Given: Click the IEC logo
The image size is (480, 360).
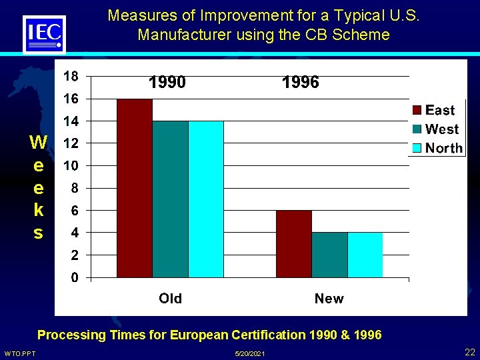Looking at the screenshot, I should click(44, 34).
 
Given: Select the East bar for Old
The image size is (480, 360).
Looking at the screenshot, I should click(135, 188).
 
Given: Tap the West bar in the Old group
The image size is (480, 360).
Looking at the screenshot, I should click(171, 199).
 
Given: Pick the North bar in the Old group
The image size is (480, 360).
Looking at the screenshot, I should click(206, 199).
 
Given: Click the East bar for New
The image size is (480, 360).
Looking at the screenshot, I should click(294, 243).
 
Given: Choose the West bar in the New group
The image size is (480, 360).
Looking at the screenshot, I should click(329, 255).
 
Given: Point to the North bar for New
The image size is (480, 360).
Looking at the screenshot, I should click(365, 255).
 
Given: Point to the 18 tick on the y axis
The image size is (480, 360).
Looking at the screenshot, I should click(70, 76).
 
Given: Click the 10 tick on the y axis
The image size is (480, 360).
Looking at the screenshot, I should click(70, 165).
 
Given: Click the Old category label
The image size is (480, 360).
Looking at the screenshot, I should click(170, 298).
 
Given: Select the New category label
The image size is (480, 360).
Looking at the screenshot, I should click(329, 298).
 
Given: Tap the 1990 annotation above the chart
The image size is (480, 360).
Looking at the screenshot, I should click(167, 83).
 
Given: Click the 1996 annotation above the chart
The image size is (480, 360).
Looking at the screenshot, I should click(301, 83).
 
